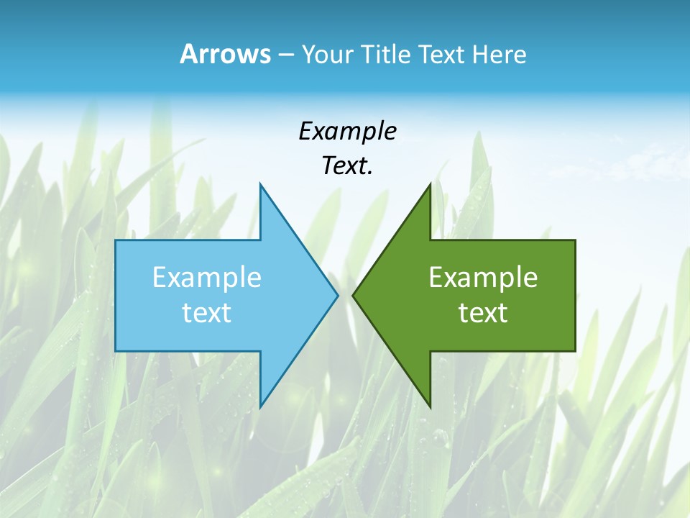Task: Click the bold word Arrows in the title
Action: [224, 55]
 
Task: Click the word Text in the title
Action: [442, 55]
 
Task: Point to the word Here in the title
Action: [499, 55]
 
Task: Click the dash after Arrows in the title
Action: [285, 55]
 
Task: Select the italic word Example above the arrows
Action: [347, 131]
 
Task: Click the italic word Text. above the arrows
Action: [347, 165]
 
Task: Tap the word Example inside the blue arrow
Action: [207, 277]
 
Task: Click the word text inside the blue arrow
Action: [207, 312]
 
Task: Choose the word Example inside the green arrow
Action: [483, 277]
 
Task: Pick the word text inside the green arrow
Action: [483, 312]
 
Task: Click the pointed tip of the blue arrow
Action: [337, 295]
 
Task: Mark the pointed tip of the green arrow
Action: [353, 295]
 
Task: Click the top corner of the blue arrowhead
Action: [260, 184]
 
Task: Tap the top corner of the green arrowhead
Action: [430, 184]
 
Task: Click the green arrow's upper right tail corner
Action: [575, 240]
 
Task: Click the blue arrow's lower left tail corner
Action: [116, 351]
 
